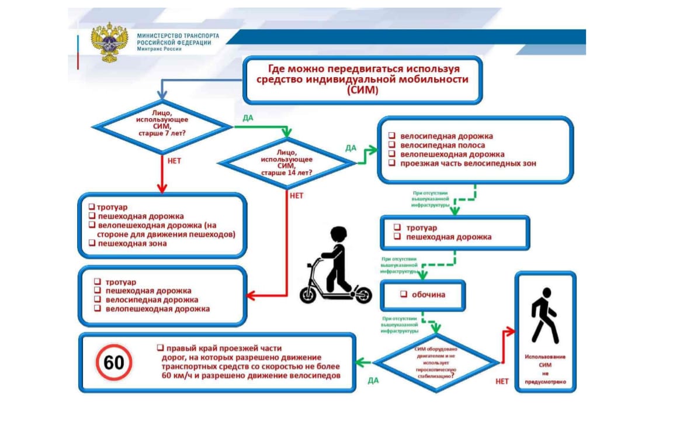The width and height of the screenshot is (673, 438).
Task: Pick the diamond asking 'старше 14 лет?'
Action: click(x=286, y=163)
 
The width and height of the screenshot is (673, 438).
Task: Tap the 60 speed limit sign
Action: click(x=114, y=363)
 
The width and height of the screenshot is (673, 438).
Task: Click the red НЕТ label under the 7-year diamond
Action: click(x=174, y=161)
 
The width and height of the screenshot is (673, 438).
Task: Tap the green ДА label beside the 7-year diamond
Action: click(x=248, y=118)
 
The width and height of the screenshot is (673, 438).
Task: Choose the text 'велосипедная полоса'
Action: click(x=442, y=145)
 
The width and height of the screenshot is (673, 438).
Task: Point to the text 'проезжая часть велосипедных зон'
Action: click(x=468, y=164)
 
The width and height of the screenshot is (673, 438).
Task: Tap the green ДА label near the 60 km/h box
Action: click(x=373, y=380)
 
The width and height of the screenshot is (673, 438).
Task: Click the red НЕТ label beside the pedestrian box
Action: click(x=502, y=381)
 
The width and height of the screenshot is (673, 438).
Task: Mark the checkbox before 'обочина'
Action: click(x=402, y=295)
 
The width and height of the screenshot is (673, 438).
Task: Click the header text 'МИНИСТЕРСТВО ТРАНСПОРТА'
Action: click(x=178, y=36)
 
